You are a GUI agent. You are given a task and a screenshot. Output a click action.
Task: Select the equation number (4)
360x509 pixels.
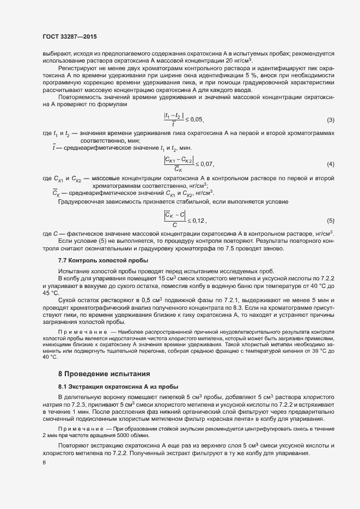(x=330, y=164)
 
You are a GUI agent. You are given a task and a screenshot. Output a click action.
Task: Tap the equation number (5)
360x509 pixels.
(x=330, y=220)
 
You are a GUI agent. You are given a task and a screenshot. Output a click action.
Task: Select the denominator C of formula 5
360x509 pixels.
(x=174, y=225)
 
